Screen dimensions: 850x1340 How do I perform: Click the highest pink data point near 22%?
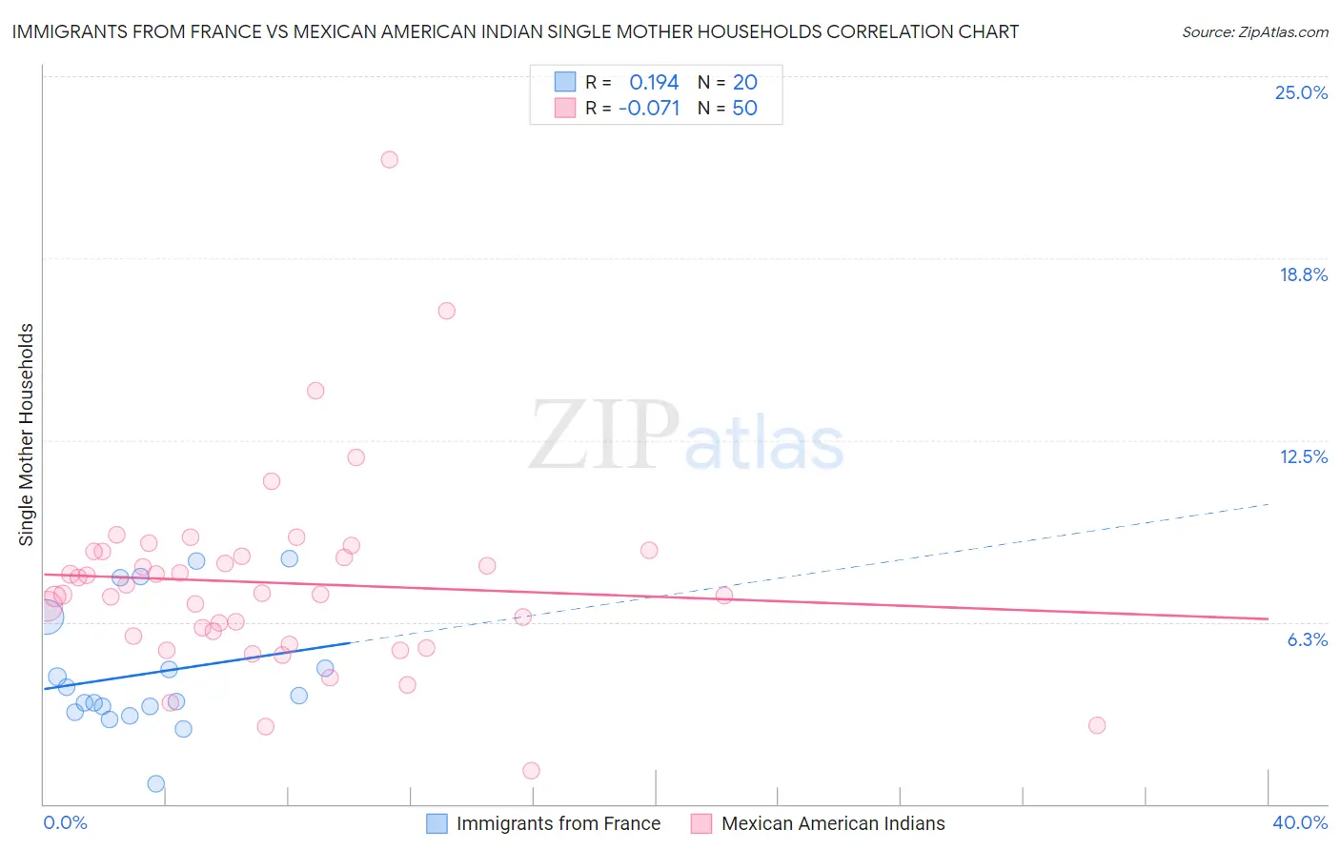click(x=389, y=160)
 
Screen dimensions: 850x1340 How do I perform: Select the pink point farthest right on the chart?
click(x=1097, y=725)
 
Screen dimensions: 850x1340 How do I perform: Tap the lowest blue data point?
click(x=156, y=784)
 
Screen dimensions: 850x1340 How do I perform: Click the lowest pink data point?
click(x=532, y=771)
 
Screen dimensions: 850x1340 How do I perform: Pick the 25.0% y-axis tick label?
click(x=1301, y=93)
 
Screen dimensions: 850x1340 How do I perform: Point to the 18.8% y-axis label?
click(x=1303, y=275)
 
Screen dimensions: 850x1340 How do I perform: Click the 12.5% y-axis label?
click(x=1303, y=457)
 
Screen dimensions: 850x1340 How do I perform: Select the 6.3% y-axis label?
click(x=1307, y=640)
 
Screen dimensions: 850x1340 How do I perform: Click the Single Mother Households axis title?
click(x=27, y=435)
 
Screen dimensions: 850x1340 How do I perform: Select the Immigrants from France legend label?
click(x=558, y=824)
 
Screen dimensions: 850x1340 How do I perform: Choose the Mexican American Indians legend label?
click(x=833, y=824)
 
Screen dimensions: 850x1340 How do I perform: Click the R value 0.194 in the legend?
click(x=654, y=83)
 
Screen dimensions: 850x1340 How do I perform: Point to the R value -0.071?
click(x=649, y=109)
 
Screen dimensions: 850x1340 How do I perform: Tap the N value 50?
click(x=744, y=109)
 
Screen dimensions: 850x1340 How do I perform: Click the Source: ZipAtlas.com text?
click(x=1254, y=32)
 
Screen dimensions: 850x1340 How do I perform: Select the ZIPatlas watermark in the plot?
click(x=686, y=436)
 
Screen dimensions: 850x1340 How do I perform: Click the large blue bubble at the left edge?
click(x=47, y=617)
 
